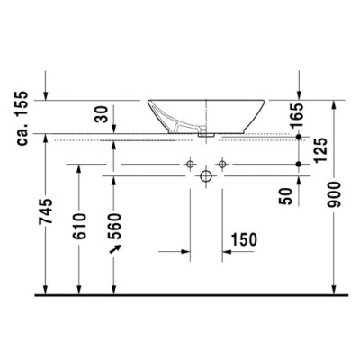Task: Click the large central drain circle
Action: point(206,176)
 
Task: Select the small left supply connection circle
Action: point(190,166)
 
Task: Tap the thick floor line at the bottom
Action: point(180,294)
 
